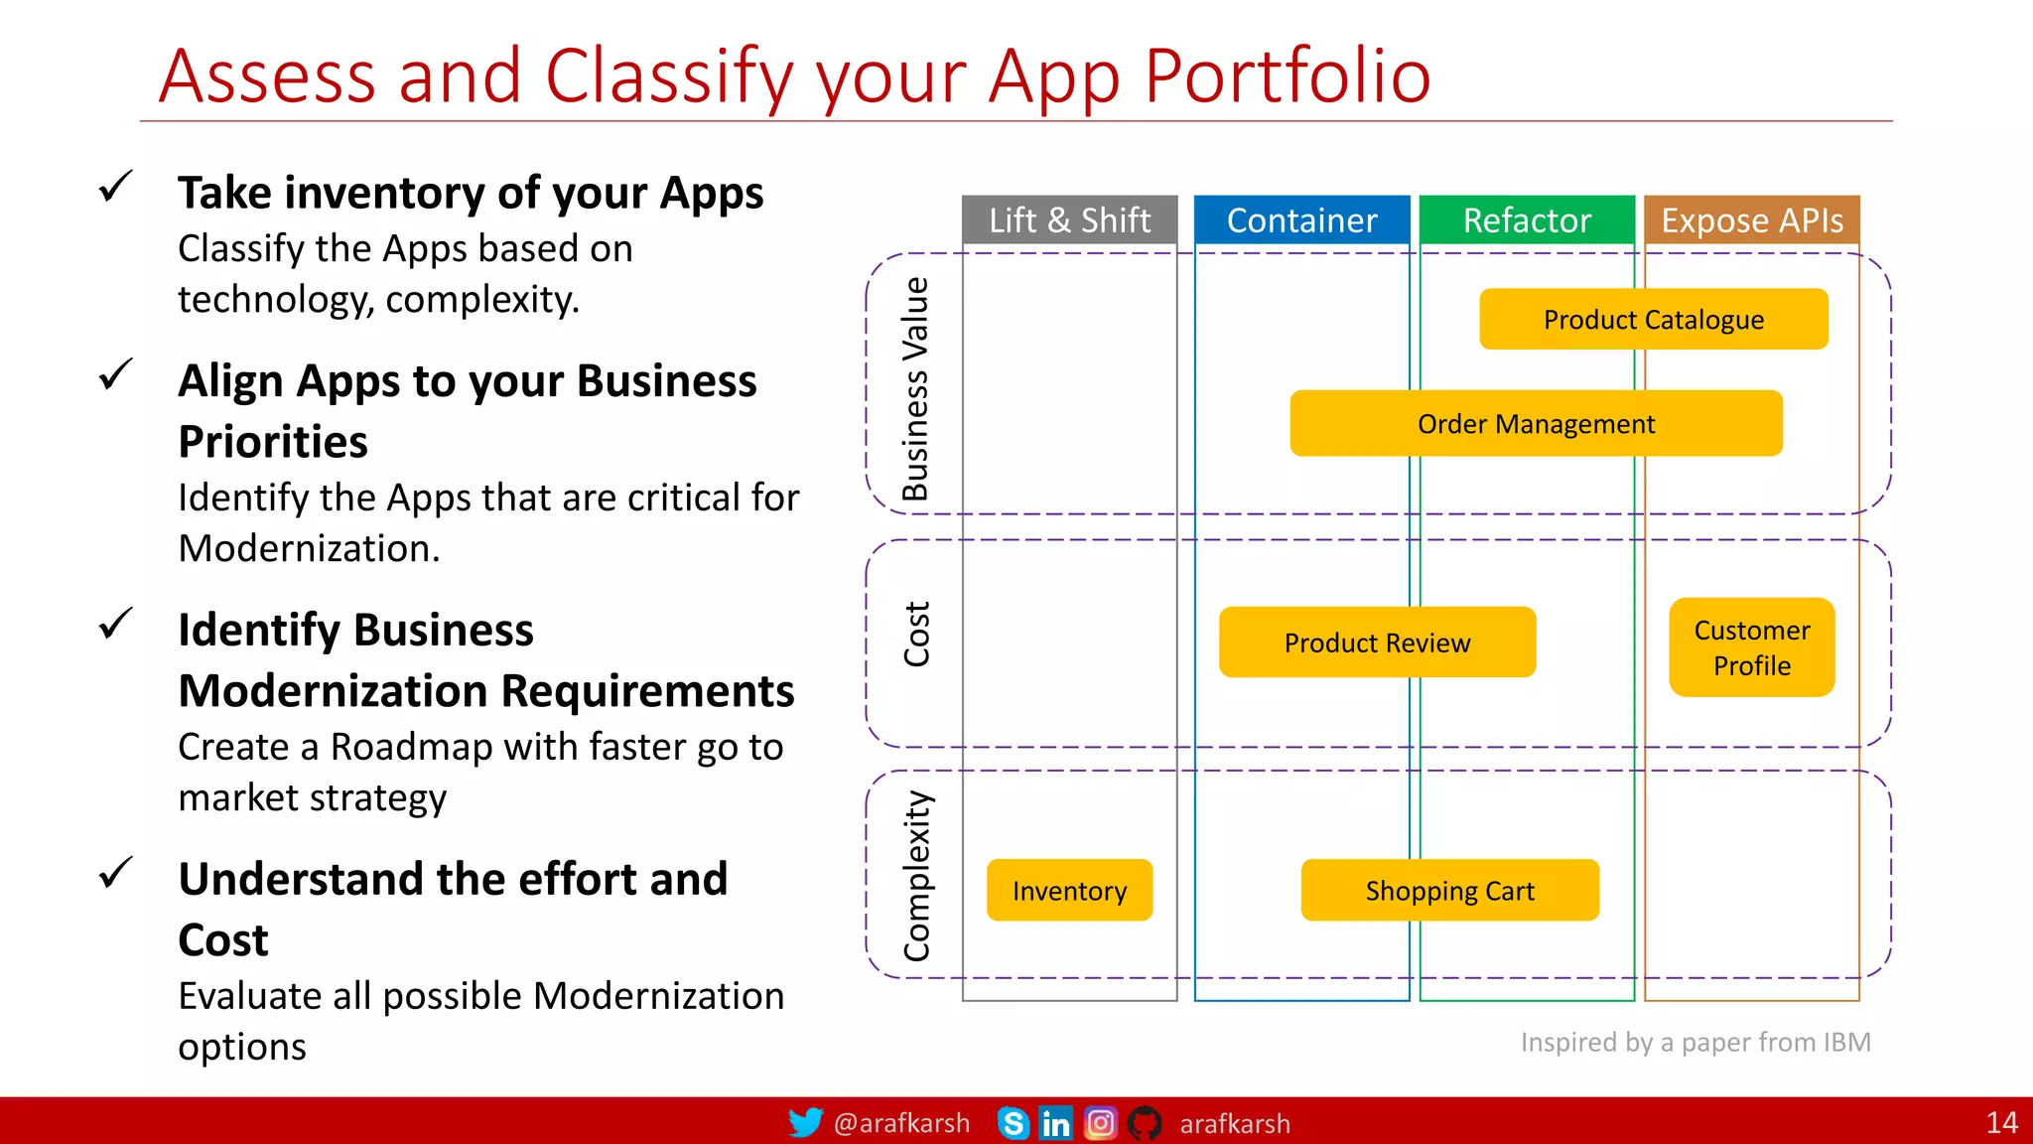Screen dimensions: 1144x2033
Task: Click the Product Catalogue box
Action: tap(1653, 319)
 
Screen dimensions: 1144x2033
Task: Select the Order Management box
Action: tap(1536, 423)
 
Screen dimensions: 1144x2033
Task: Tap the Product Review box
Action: tap(1377, 643)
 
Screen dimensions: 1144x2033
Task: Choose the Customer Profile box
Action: tap(1752, 647)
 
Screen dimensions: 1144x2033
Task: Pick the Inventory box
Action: tap(1069, 891)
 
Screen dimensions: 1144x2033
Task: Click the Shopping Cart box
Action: tap(1449, 891)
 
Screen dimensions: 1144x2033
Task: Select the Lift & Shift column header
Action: tap(1069, 219)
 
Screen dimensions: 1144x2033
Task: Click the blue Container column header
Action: tap(1301, 219)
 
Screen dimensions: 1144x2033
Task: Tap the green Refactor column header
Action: tap(1527, 219)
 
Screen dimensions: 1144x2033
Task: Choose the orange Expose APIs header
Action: tap(1752, 219)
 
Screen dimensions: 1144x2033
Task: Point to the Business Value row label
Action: tap(915, 388)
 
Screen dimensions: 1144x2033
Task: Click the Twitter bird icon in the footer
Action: tap(805, 1122)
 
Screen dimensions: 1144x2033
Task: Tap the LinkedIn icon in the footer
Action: tap(1055, 1123)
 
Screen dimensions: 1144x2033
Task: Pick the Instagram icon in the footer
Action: tap(1100, 1123)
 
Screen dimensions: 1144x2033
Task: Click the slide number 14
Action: tap(2001, 1123)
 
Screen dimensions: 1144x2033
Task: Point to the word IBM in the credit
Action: tap(1846, 1042)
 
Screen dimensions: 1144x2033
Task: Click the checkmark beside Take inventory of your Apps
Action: tap(116, 186)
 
